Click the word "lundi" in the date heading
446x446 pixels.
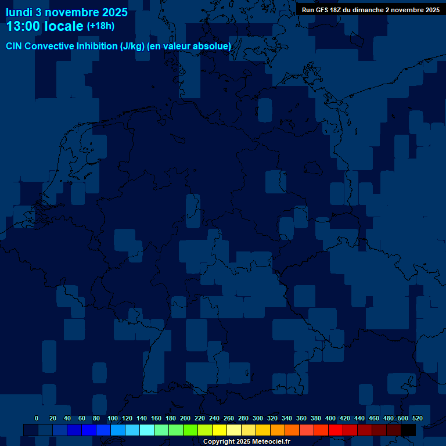(19, 12)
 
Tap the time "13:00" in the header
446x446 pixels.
(24, 27)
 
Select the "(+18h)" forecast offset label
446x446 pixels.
(100, 26)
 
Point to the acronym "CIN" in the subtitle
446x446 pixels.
(14, 46)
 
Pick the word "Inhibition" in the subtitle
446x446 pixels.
(97, 46)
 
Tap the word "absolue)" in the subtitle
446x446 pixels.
(213, 46)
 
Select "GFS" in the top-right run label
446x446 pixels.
(322, 10)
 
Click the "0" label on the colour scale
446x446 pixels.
(37, 418)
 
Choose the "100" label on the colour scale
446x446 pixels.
(112, 418)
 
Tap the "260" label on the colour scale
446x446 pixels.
(228, 418)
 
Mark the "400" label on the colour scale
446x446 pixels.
(330, 418)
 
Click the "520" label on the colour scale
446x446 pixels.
(417, 418)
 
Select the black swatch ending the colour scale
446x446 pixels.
(408, 430)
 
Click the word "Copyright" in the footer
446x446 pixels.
(218, 442)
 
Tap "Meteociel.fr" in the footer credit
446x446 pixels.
(271, 442)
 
